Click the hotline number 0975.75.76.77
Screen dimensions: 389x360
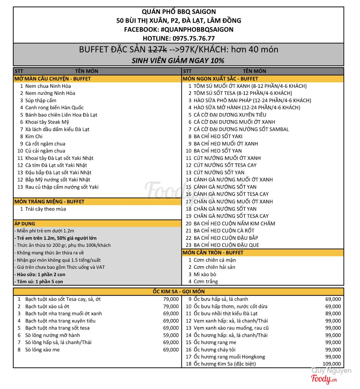(194, 38)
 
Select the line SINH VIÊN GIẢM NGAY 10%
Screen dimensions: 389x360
(178, 60)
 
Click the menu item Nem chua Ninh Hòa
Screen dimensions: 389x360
(48, 86)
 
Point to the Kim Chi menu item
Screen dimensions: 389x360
(34, 136)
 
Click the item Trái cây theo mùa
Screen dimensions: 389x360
(45, 209)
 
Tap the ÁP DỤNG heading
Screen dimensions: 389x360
(25, 224)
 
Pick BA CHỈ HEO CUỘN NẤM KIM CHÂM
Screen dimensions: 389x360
(234, 223)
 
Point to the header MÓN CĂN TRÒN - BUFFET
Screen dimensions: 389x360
(213, 253)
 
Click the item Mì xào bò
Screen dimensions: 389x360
(205, 274)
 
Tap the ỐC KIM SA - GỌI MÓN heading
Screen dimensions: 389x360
(179, 291)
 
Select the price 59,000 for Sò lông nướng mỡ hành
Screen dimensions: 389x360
(171, 335)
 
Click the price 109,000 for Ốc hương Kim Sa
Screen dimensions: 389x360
(332, 364)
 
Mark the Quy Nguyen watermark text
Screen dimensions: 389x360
(331, 371)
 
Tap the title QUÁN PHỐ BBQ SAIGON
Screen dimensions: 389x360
(179, 12)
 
